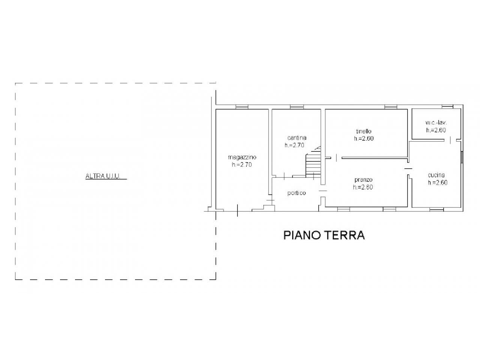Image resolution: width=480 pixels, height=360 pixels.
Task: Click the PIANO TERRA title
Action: tap(324, 235)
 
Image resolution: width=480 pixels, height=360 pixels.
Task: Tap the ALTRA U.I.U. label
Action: tap(103, 176)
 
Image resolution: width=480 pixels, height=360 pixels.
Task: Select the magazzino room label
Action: tap(242, 157)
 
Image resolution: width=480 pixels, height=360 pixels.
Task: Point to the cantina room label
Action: tap(297, 138)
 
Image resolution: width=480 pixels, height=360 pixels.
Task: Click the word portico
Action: tap(297, 193)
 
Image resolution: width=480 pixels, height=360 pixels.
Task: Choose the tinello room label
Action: tap(364, 131)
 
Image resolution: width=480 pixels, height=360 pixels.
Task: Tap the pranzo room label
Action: tap(363, 180)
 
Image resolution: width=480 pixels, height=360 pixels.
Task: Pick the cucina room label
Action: tap(436, 175)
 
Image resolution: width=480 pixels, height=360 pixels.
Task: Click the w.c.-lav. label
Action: tap(436, 123)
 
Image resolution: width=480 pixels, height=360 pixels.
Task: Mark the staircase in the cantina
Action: tap(313, 163)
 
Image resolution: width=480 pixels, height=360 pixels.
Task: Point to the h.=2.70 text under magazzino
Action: tap(242, 165)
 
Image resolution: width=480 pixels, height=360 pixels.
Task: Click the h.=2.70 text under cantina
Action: tap(294, 145)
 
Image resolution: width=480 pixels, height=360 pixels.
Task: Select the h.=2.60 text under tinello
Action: tap(364, 139)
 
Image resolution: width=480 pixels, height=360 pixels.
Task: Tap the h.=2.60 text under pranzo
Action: tap(363, 187)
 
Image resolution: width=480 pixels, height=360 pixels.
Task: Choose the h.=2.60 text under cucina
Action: tap(438, 183)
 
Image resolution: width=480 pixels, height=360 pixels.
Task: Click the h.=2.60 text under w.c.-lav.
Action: tap(436, 130)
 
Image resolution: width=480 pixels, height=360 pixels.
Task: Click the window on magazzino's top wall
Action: tap(242, 107)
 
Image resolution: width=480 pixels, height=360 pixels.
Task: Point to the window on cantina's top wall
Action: tap(297, 107)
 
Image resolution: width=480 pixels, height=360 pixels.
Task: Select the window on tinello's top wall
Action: tap(391, 107)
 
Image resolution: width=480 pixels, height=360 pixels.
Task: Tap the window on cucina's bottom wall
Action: tap(436, 209)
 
